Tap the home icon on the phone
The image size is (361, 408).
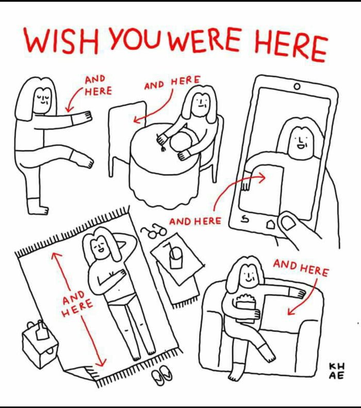point(270,225)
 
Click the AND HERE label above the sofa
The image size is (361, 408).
point(301,268)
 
